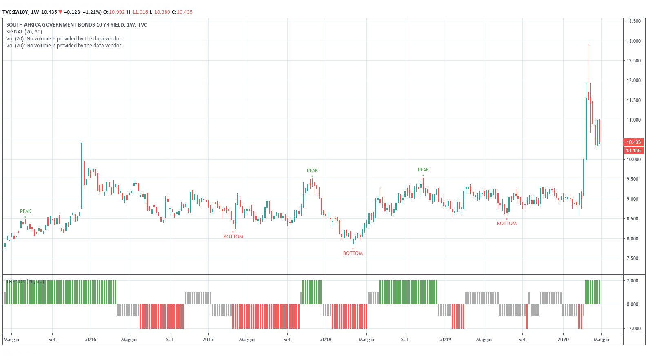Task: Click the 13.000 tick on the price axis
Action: pos(633,41)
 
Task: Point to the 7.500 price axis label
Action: pos(633,258)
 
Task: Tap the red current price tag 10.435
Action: pos(633,142)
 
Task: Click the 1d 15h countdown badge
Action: pos(633,151)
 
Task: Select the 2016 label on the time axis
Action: pos(91,340)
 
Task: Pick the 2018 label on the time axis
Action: pos(326,340)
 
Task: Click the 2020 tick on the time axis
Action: pos(563,340)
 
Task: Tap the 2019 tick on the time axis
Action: pos(446,340)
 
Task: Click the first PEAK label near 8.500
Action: pos(25,211)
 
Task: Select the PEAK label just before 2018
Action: pos(312,171)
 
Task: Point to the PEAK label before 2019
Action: pos(423,170)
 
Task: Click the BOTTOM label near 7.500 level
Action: pos(353,253)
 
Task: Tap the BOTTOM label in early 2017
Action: pos(233,237)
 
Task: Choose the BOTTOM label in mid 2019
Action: pos(506,224)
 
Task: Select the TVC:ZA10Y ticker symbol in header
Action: pos(15,12)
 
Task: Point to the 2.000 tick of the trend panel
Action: pos(632,281)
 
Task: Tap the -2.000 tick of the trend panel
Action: pos(632,329)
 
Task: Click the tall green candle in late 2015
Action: pos(82,176)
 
